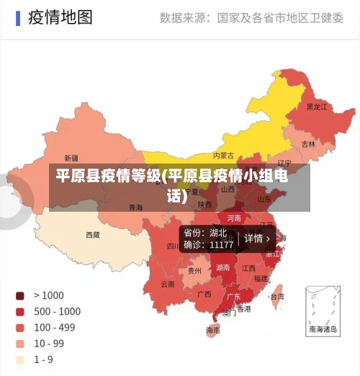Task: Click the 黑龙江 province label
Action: point(317,107)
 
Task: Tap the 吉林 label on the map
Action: point(308,144)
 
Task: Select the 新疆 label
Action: point(71,158)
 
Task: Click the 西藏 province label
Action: point(93,235)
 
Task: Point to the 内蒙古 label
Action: point(223,155)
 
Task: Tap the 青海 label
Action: point(135,207)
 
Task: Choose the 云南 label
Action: point(167,284)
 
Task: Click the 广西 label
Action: point(204,294)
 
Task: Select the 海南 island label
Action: point(213,331)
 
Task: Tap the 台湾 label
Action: point(276,296)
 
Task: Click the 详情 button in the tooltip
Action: point(257,238)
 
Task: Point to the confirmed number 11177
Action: point(221,245)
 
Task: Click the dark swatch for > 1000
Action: point(20,295)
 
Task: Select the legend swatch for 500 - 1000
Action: point(20,311)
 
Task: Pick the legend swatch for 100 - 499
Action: point(20,327)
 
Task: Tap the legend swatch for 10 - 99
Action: point(20,343)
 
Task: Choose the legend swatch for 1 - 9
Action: point(20,359)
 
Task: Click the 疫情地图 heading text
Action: point(60,17)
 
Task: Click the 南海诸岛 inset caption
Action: point(323,329)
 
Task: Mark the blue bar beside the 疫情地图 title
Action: point(17,17)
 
